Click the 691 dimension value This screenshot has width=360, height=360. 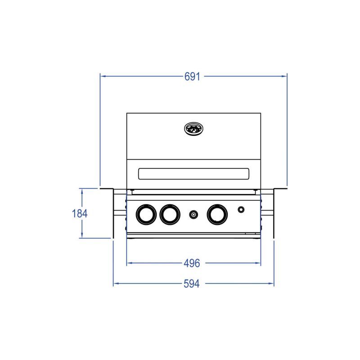click(192, 76)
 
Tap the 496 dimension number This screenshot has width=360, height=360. click(192, 263)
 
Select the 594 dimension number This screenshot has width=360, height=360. click(192, 284)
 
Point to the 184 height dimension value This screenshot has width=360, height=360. click(80, 213)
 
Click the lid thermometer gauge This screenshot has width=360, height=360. click(194, 129)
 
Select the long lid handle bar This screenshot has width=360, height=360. click(193, 174)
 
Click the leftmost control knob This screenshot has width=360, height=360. click(146, 215)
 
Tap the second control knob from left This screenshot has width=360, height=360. click(170, 215)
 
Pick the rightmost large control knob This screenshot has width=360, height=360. click(217, 215)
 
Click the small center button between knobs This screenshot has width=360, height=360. click(193, 215)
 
